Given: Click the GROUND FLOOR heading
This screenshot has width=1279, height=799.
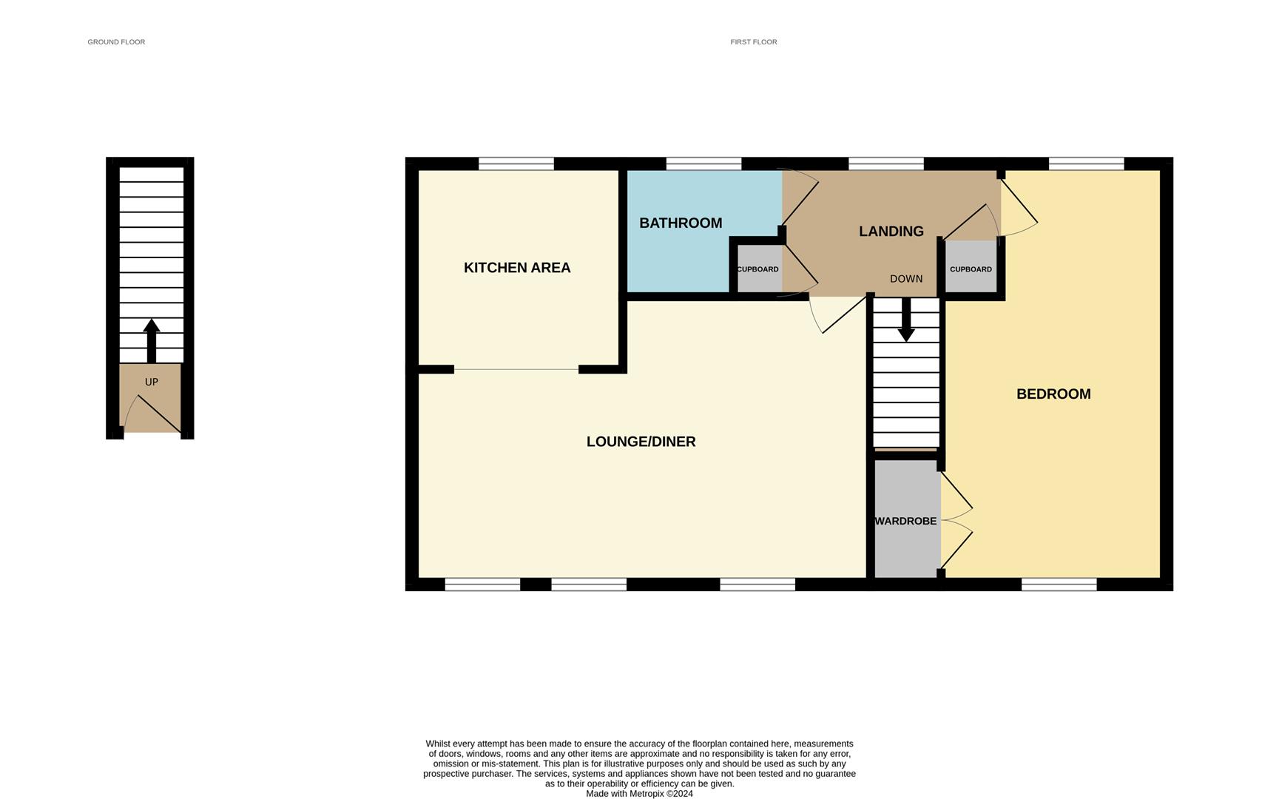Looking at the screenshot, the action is [x=116, y=42].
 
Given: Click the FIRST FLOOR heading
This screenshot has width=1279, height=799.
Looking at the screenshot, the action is [x=754, y=42].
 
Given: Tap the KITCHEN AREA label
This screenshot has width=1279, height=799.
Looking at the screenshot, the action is [x=517, y=268].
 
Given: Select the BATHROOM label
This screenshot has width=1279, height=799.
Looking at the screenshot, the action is [x=681, y=223].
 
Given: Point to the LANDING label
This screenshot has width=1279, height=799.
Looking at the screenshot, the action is [x=891, y=232].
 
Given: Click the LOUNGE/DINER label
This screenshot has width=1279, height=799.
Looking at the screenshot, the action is [x=641, y=442].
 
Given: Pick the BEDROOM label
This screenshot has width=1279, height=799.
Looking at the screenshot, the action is [x=1053, y=394].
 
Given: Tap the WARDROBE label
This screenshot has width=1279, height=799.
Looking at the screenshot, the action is [x=905, y=522].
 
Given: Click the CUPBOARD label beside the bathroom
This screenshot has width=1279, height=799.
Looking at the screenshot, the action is [x=757, y=269].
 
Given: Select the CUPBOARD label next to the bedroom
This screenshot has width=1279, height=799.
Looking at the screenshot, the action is [x=971, y=269].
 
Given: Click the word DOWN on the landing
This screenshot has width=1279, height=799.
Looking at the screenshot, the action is [x=906, y=279].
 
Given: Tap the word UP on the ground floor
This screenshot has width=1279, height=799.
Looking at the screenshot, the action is [x=152, y=382].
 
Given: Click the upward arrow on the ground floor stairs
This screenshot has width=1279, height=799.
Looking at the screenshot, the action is [x=152, y=341].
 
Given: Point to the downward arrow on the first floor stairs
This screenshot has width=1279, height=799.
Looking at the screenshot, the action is [x=906, y=320].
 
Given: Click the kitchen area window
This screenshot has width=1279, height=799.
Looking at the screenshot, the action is [x=516, y=163].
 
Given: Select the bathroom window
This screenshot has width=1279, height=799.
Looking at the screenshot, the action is [x=703, y=163].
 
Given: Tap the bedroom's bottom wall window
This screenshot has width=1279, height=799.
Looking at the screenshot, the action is [x=1059, y=584].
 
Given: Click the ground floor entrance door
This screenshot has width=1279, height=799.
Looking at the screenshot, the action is [x=152, y=414].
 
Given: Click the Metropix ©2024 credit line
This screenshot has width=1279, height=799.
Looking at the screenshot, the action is [x=640, y=794].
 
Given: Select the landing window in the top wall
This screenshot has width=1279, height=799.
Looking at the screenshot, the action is [x=886, y=163].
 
